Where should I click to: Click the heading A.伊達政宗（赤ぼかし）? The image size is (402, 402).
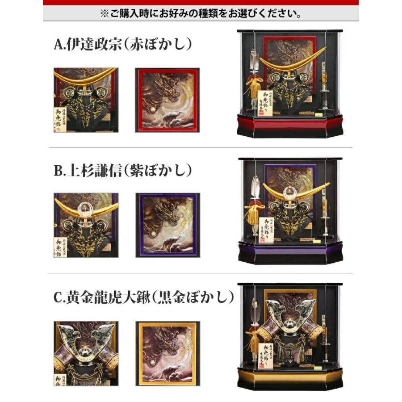122,45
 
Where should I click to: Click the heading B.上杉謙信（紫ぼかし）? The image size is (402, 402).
122,171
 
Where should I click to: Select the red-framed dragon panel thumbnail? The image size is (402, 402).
167,100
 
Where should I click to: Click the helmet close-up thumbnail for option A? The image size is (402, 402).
85,100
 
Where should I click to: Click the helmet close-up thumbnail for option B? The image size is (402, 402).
86,225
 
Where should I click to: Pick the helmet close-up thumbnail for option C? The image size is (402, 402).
86,353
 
